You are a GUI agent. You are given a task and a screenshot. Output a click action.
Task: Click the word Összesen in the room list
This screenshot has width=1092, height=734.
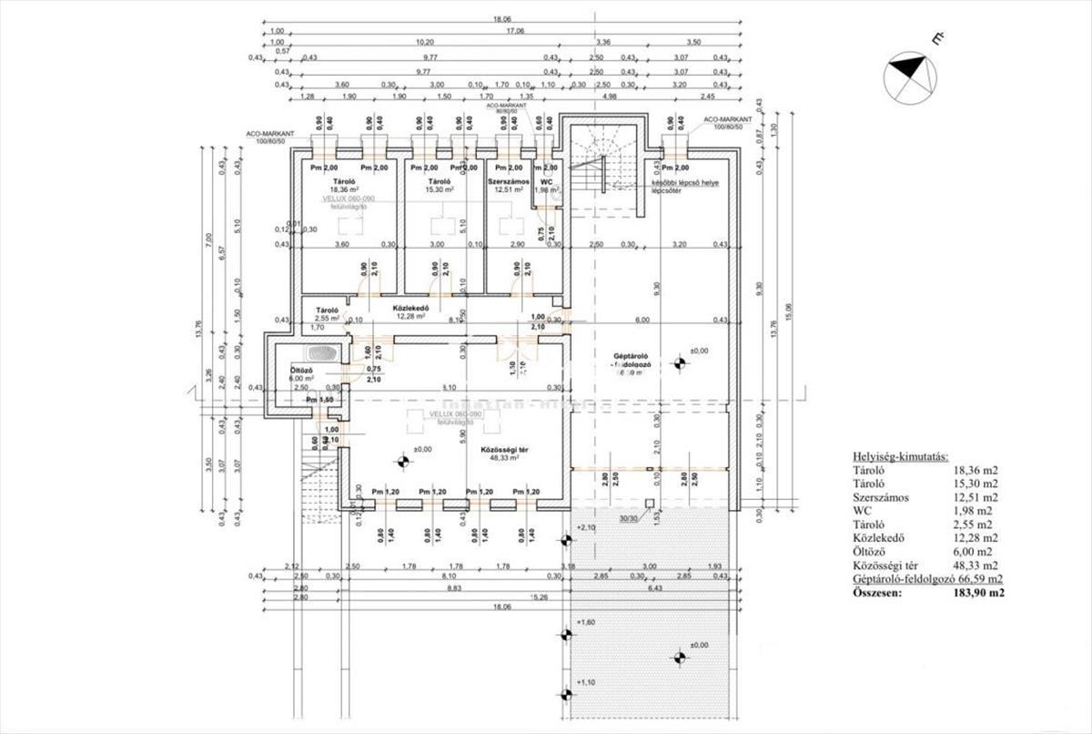[x=878, y=593]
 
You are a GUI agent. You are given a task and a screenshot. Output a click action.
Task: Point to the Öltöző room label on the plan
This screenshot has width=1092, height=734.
[x=301, y=371]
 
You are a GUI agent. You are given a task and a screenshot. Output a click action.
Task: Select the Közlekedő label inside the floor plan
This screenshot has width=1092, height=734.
[x=410, y=308]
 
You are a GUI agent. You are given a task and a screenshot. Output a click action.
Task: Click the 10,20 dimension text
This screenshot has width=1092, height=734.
[x=424, y=42]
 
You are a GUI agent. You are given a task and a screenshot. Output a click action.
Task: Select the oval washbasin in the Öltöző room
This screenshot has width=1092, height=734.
[x=320, y=352]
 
